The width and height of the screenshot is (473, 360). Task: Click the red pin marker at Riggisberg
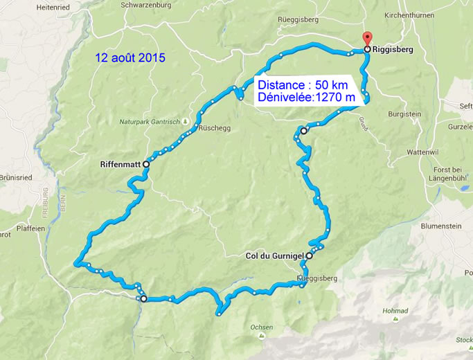point(367,39)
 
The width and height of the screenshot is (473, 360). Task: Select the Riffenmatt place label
point(121,164)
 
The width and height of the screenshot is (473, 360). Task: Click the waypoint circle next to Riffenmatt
point(146,164)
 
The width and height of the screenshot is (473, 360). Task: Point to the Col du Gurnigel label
point(275,255)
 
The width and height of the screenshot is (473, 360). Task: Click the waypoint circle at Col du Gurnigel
point(309,255)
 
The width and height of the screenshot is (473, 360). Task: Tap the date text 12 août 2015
point(131,57)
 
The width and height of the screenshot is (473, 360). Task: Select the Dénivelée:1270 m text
point(306,98)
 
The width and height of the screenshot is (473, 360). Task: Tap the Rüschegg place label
point(212,128)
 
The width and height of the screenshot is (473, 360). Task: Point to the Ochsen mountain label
point(261,325)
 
